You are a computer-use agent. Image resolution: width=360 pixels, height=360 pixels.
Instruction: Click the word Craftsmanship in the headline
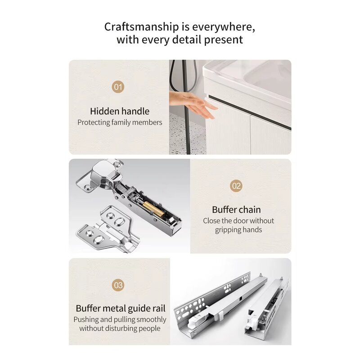point(141,27)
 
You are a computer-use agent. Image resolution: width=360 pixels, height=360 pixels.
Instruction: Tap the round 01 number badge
point(118,87)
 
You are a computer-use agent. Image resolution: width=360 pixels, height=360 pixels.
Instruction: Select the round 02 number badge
point(236,186)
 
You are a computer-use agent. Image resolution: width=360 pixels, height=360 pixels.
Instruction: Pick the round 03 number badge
point(118,285)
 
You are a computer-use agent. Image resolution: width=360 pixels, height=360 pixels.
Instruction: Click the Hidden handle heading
point(120,111)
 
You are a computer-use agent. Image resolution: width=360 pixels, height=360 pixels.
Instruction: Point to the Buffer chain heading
point(236,210)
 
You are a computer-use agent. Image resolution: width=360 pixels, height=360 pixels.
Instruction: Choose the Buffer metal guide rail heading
point(121,309)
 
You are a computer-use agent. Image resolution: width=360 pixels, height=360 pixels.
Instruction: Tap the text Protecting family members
point(120,122)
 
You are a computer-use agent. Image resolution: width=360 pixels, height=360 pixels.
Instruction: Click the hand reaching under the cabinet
point(193,104)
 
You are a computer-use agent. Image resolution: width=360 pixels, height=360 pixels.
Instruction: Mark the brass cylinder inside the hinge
point(152,208)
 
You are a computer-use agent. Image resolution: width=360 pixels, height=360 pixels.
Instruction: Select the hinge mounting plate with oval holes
point(108,229)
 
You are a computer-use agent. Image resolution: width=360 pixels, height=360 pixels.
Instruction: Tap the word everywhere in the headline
point(223,27)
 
